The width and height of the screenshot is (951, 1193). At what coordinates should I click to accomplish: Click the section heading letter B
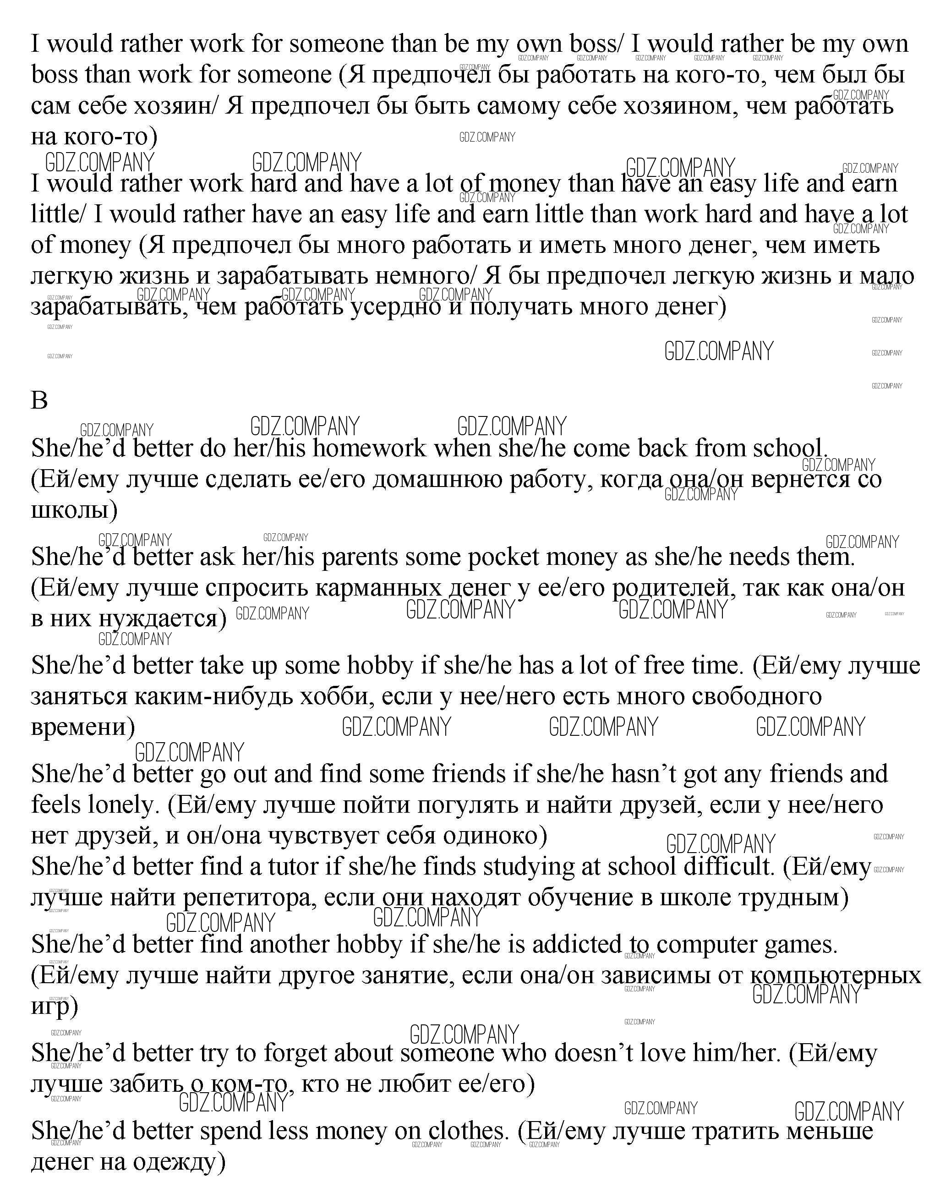(x=39, y=400)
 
